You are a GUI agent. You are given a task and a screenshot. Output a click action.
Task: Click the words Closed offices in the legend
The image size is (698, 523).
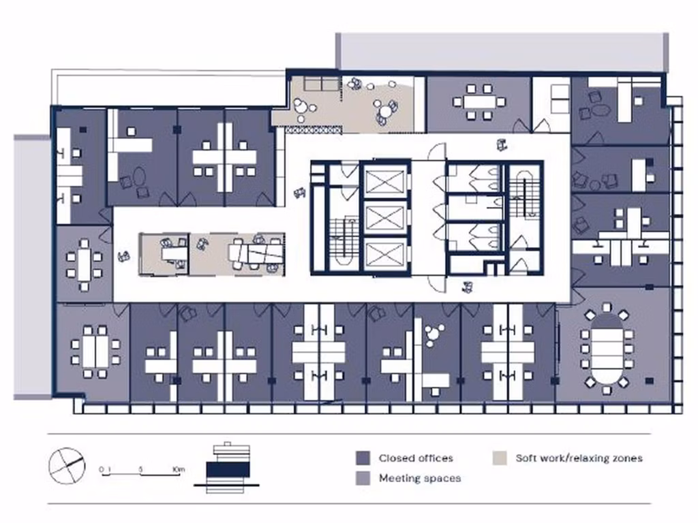(x=416, y=458)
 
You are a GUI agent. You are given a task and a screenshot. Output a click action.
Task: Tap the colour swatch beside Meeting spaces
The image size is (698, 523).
(x=363, y=478)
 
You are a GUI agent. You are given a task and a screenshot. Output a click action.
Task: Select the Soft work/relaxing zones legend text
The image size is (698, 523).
(x=579, y=458)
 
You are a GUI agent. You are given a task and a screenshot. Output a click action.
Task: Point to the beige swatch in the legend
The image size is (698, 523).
(x=499, y=458)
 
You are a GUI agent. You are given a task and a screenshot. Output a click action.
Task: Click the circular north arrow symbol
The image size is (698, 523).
(x=67, y=465)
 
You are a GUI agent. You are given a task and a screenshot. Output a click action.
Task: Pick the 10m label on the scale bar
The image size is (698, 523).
(x=179, y=469)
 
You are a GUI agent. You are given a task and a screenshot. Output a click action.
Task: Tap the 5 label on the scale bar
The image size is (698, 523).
(x=140, y=469)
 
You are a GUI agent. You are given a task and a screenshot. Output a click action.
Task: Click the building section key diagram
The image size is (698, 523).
(x=227, y=466)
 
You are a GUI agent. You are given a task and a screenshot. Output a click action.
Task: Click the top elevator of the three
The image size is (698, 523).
(x=386, y=182)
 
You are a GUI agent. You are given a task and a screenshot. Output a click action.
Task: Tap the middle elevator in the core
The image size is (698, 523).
(x=386, y=218)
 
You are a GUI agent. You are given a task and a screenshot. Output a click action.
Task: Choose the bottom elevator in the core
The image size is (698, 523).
(x=386, y=254)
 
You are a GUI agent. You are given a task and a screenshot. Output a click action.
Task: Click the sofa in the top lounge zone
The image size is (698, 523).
(x=320, y=84)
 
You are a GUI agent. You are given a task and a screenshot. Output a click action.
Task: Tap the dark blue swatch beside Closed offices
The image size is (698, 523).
(x=363, y=458)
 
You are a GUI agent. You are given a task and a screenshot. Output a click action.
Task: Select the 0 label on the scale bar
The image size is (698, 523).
(x=101, y=469)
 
